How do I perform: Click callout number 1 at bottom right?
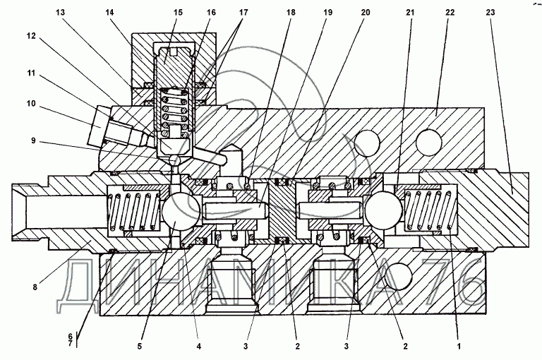coord(459,347)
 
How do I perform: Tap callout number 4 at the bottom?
coord(198,346)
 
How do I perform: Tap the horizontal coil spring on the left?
coord(131,210)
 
